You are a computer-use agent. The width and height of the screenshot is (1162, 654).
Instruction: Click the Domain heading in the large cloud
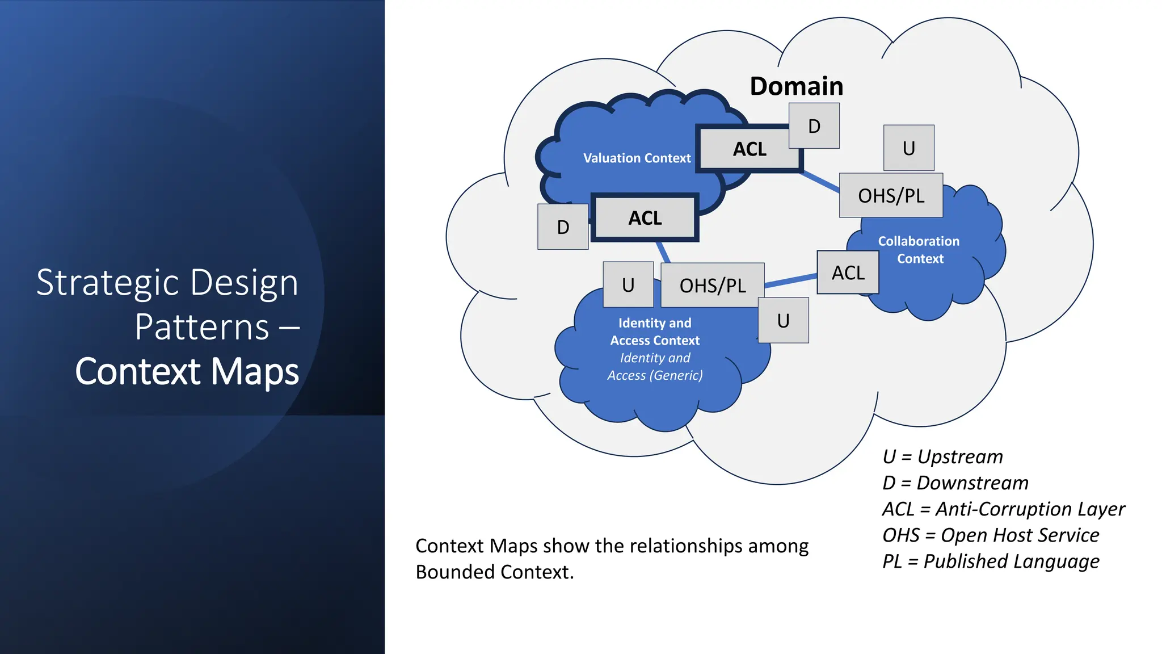[x=796, y=86]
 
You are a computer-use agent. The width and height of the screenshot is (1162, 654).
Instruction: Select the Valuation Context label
[x=637, y=158]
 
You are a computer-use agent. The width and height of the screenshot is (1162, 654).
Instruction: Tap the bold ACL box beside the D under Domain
[x=749, y=149]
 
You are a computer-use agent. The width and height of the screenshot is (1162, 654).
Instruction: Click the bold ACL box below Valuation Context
[x=645, y=218]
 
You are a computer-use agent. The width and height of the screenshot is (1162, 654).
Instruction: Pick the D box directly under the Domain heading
[x=814, y=126]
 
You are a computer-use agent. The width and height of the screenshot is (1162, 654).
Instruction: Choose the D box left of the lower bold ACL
[x=563, y=227]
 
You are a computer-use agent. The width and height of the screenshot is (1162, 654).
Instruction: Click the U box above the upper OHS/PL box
[x=908, y=148]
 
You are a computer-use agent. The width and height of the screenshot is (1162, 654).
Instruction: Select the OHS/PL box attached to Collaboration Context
[x=891, y=196]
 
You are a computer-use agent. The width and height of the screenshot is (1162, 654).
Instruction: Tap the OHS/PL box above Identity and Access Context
[x=713, y=286]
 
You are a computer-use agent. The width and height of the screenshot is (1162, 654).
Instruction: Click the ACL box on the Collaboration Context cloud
[x=848, y=273]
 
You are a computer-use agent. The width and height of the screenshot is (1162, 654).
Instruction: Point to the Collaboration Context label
[x=919, y=250]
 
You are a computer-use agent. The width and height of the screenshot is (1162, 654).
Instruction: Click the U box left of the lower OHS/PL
[x=628, y=285]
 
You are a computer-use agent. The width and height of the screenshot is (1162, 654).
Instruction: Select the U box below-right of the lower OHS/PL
[x=783, y=321]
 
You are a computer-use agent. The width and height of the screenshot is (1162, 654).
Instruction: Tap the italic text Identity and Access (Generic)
[x=655, y=367]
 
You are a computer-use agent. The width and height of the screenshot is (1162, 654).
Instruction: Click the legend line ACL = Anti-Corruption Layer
[x=1003, y=509]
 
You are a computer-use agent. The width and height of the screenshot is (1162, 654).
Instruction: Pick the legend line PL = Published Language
[x=990, y=561]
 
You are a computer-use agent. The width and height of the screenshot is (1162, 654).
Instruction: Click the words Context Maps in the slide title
[x=187, y=371]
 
